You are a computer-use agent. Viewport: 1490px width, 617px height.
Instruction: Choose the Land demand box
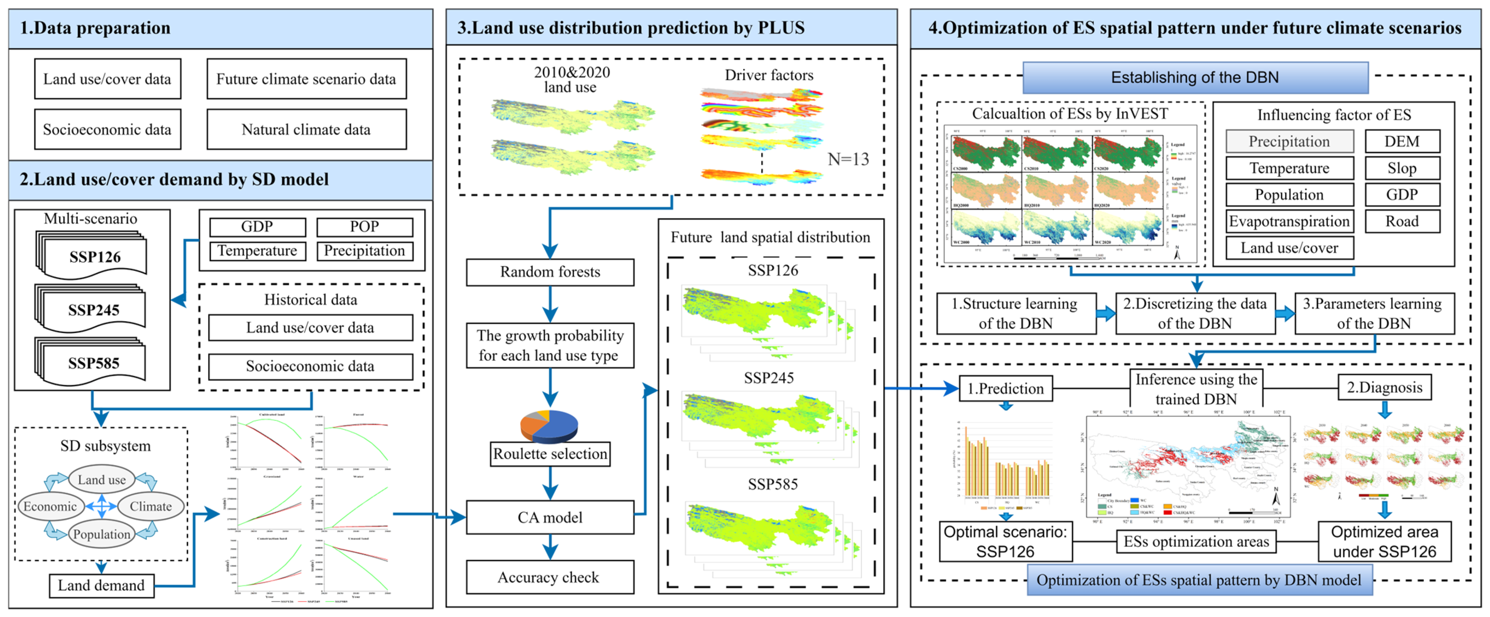click(101, 585)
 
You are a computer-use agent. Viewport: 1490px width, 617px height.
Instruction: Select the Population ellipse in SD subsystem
click(102, 534)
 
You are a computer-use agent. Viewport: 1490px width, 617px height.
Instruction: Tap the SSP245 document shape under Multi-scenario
click(92, 309)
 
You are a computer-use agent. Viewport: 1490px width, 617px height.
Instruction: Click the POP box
click(364, 227)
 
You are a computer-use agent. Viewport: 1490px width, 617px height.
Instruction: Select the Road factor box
click(1402, 222)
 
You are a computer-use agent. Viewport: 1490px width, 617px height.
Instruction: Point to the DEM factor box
click(1402, 142)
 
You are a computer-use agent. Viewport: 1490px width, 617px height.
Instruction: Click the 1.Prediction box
click(1005, 388)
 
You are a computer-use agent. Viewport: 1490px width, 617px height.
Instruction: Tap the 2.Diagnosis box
click(1384, 387)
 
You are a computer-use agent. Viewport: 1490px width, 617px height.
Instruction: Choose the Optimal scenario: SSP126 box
click(1005, 541)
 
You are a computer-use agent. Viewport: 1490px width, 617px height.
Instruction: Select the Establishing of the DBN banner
click(1195, 77)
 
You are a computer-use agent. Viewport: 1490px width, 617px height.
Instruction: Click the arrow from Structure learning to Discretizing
click(1105, 313)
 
